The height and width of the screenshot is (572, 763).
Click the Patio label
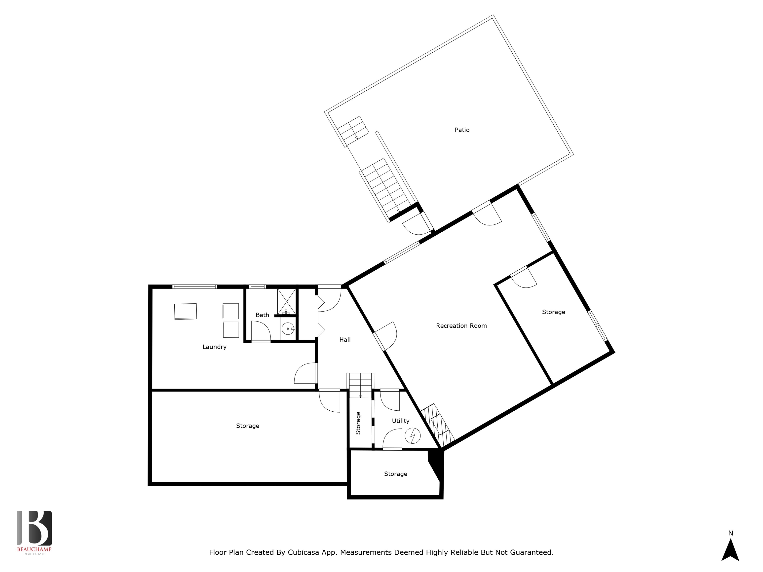click(462, 130)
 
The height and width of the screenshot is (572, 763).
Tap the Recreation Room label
click(461, 326)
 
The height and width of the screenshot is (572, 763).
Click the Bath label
click(262, 315)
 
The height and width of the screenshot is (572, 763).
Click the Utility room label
click(400, 421)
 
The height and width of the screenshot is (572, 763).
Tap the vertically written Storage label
click(358, 423)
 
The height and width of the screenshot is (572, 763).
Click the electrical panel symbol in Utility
click(413, 436)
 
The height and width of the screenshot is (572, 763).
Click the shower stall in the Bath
click(287, 302)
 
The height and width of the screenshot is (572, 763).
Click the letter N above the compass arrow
click(730, 533)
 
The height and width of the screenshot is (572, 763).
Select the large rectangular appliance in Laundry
click(186, 311)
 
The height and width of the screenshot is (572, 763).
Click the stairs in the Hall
click(360, 385)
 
